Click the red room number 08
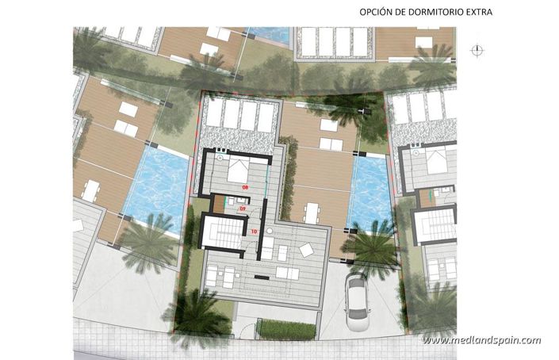[x=245, y=186]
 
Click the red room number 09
[x=243, y=209]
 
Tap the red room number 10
[x=254, y=232]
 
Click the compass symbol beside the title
[x=477, y=50]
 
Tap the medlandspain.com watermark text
[x=481, y=340]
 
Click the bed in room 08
[x=240, y=169]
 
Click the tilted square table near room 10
[x=306, y=250]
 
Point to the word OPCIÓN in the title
[x=354, y=13]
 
